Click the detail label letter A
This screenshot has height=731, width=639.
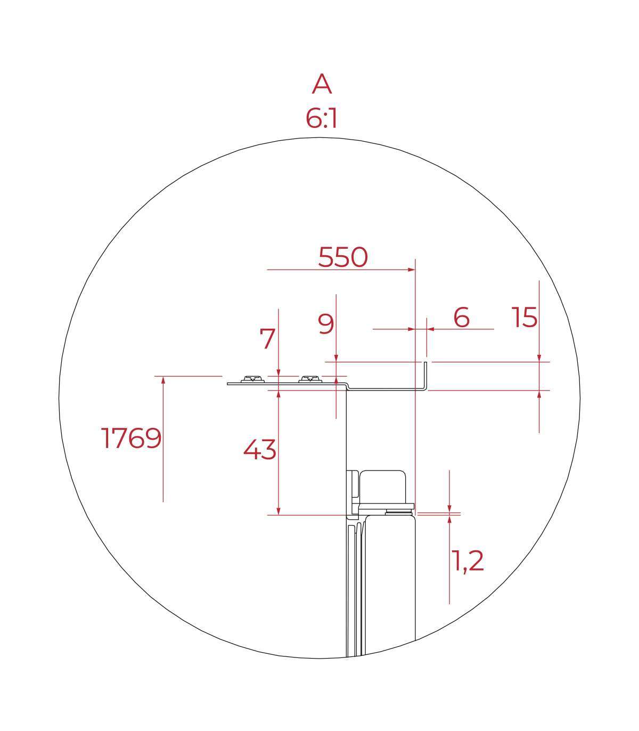pyautogui.click(x=322, y=84)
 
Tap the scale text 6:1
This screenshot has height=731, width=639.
pyautogui.click(x=321, y=119)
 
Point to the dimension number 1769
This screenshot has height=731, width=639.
pyautogui.click(x=131, y=438)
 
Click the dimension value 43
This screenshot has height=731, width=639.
pyautogui.click(x=259, y=450)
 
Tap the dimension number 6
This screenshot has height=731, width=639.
pyautogui.click(x=461, y=317)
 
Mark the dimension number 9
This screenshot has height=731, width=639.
pyautogui.click(x=325, y=324)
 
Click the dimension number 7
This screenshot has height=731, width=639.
pyautogui.click(x=267, y=338)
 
